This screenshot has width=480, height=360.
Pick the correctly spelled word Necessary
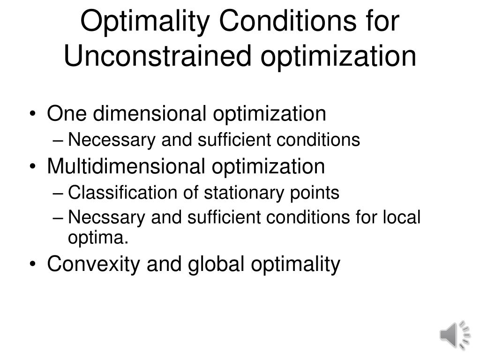(103, 140)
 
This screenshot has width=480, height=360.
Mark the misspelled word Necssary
(98, 217)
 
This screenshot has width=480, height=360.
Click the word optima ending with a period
(98, 238)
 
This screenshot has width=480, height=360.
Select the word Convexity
(94, 264)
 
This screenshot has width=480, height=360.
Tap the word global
(215, 264)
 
